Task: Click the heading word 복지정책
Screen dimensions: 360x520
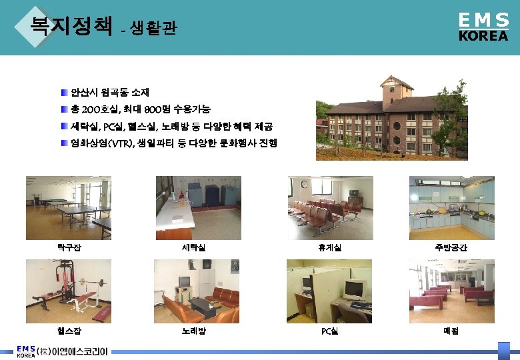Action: click(71, 26)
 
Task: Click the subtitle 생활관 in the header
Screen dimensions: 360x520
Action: click(153, 29)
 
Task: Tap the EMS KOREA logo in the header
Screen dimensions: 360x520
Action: click(483, 27)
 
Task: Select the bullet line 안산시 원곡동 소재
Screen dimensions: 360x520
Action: click(109, 91)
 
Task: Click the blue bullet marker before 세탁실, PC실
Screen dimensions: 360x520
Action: click(64, 126)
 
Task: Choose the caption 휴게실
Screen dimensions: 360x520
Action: click(330, 247)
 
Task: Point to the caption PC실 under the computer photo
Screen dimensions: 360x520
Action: click(330, 331)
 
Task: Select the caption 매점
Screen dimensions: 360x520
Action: click(451, 331)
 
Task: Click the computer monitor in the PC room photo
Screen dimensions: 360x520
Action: click(353, 289)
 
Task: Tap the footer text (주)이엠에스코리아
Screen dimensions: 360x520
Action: click(72, 351)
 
